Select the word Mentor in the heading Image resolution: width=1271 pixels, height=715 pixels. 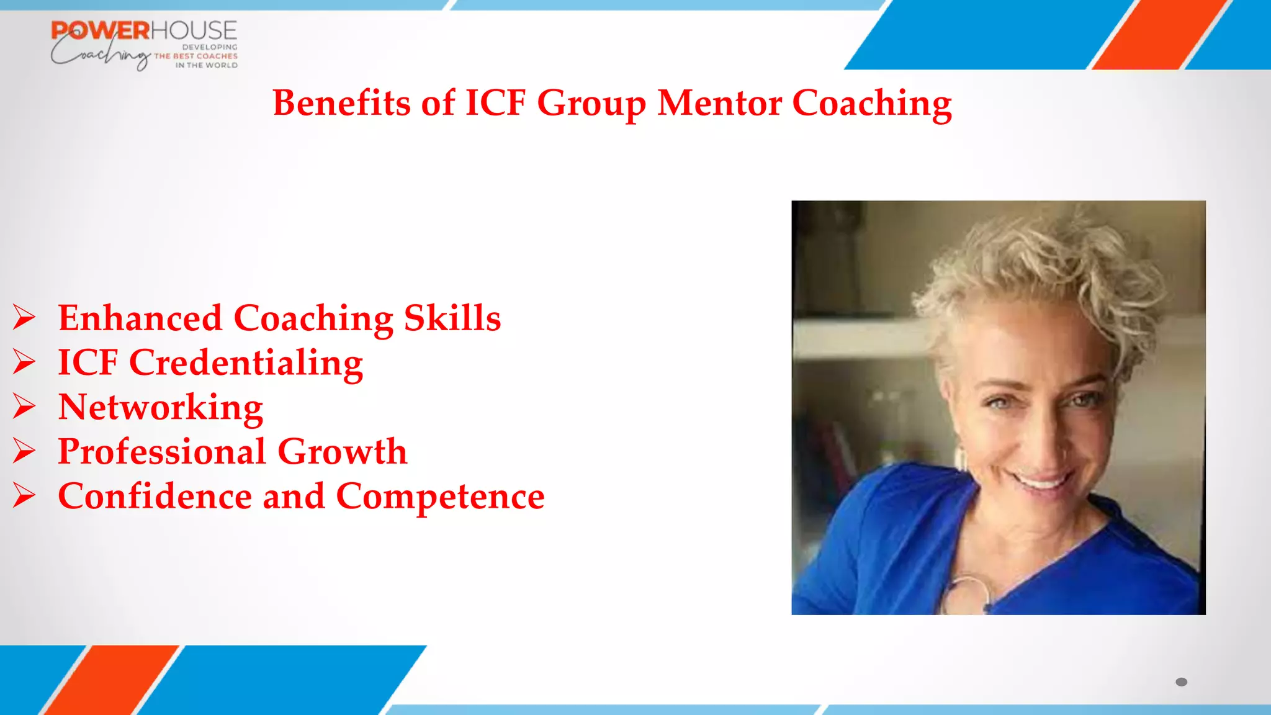(719, 102)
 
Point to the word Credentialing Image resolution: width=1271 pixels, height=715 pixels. (246, 363)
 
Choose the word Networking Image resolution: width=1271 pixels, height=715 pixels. (161, 408)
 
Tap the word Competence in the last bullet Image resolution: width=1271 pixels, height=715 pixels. (440, 497)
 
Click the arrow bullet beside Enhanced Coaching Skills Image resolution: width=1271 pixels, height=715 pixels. (24, 318)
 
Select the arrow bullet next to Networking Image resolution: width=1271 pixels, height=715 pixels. (24, 407)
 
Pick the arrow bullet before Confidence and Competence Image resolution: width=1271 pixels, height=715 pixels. (24, 497)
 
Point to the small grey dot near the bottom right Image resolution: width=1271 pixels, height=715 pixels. (1181, 682)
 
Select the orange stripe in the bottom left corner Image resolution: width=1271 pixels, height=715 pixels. (112, 680)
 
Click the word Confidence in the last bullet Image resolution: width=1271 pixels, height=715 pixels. (155, 497)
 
